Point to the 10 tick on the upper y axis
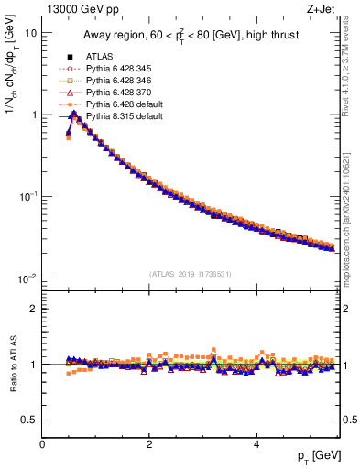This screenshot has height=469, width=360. point(30,33)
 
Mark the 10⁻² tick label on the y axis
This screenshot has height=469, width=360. point(27,278)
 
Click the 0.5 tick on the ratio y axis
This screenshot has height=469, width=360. point(28,420)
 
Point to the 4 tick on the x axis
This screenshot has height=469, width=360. point(256,443)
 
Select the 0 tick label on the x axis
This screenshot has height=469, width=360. point(42,443)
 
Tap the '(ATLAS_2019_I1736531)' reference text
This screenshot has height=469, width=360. point(191,273)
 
